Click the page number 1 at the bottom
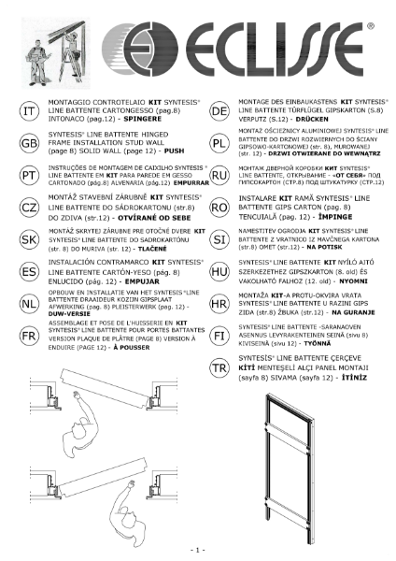[x=197, y=549]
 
